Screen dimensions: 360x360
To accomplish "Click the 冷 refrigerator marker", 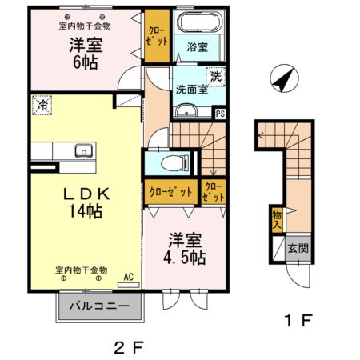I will coord(40,103).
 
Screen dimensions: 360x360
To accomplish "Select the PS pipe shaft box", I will coord(221,114).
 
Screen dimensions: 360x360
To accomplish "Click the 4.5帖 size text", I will coord(187,258).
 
